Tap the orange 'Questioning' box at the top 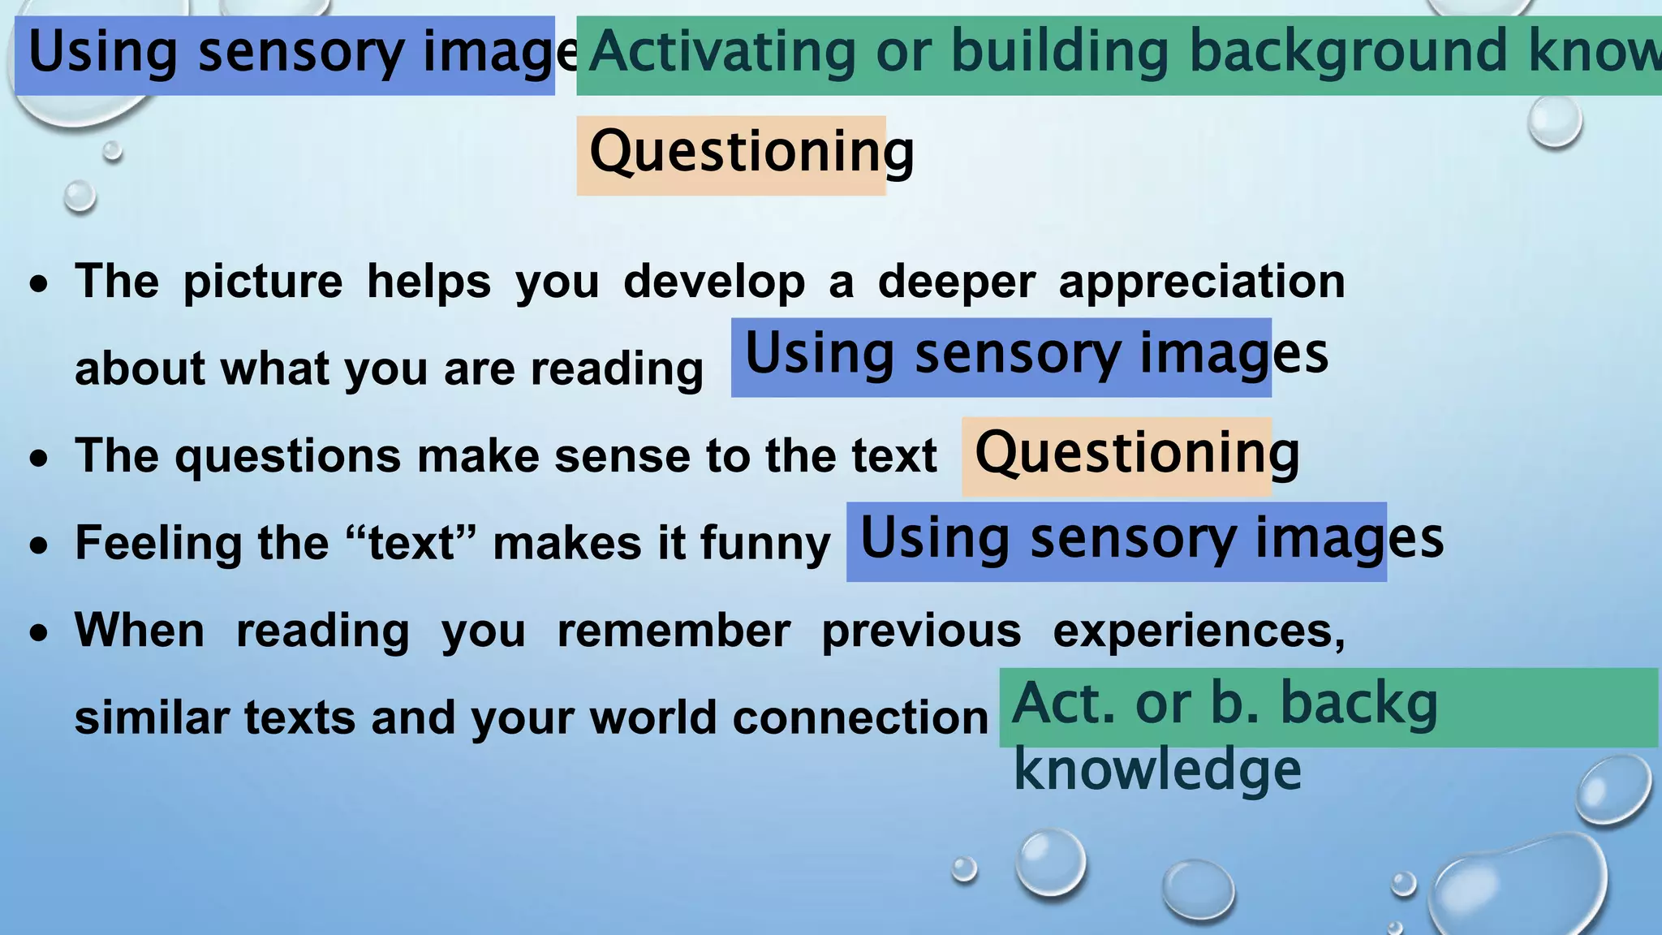tap(731, 155)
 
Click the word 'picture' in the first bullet tap(263, 282)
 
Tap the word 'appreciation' tap(1201, 282)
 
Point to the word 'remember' tap(674, 631)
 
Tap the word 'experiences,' tap(1199, 631)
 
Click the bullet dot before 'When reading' tap(39, 634)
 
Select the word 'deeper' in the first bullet tap(956, 282)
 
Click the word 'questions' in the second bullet tap(287, 456)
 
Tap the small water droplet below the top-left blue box tap(113, 151)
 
